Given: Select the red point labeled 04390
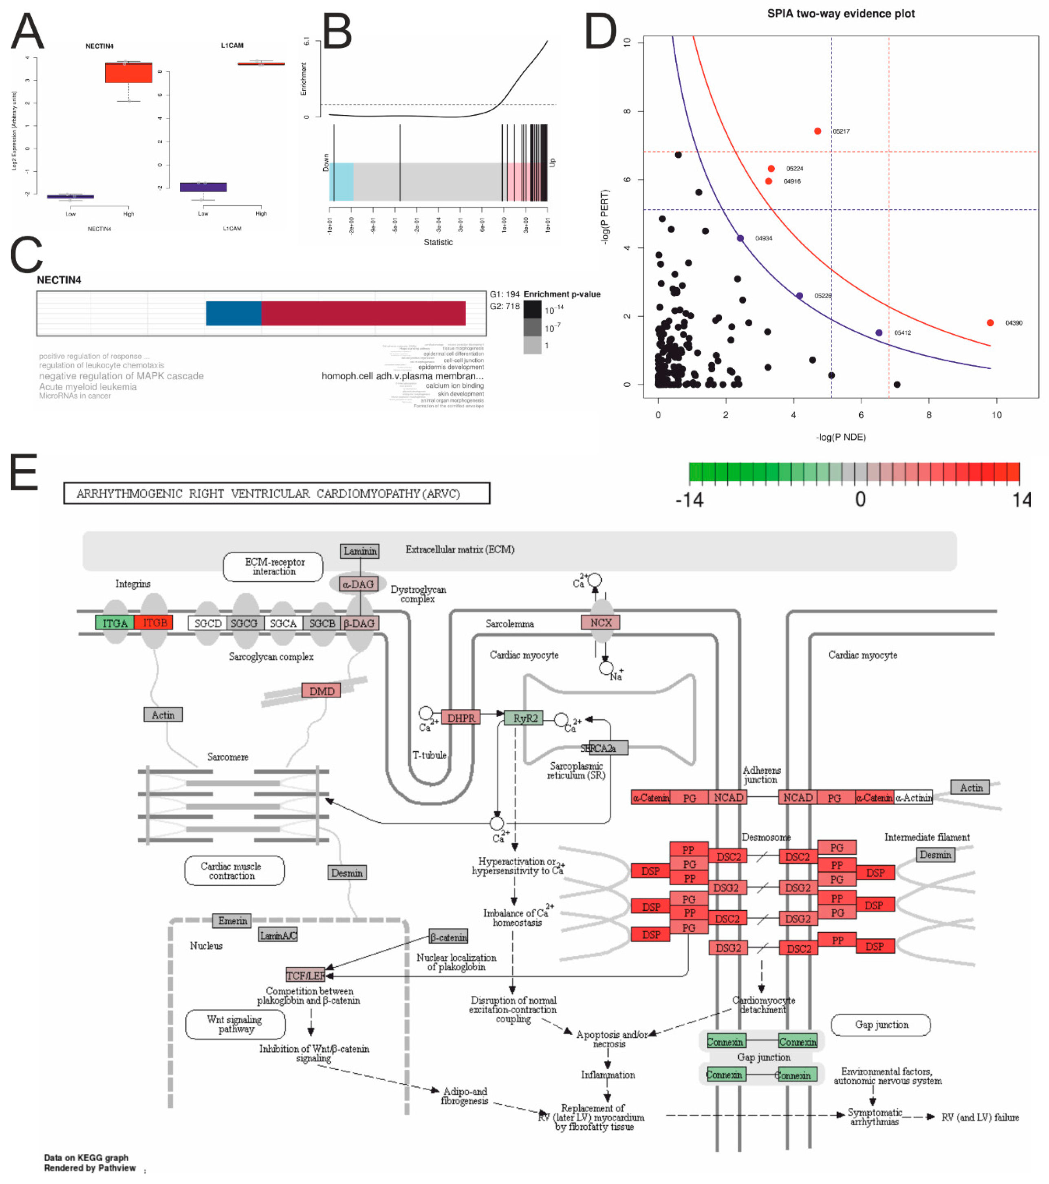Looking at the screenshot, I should point(990,323).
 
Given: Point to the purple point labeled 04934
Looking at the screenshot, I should point(740,238).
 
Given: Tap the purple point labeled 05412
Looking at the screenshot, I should point(879,332).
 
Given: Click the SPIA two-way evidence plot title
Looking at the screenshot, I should point(840,13).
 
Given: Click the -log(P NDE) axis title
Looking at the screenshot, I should point(840,437).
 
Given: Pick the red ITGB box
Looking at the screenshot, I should point(154,623).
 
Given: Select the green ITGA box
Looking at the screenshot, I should point(115,623).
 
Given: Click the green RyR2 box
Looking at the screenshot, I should point(524,718).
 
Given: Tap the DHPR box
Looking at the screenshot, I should point(461,718).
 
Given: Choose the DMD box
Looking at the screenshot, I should point(321,691).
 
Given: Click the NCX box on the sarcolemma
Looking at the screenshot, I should point(600,622).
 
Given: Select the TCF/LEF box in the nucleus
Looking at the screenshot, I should point(305,975).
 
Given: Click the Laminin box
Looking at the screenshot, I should point(360,551).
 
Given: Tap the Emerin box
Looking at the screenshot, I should point(232,920).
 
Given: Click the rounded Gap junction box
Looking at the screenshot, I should point(881,1025).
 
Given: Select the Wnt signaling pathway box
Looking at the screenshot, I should point(235,1024).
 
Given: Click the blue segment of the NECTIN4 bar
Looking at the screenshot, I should point(234,313).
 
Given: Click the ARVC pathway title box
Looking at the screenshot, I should point(276,493).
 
